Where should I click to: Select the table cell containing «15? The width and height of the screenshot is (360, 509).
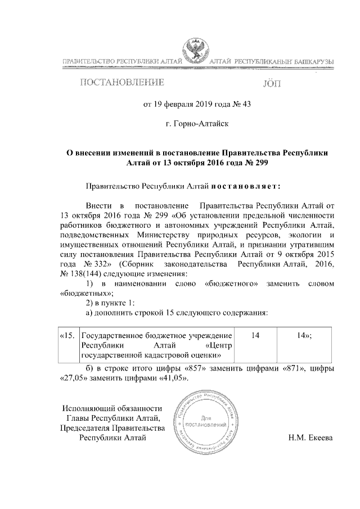68,335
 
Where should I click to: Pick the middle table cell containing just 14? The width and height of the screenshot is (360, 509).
256,335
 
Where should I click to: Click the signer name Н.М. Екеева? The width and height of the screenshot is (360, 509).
310,438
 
